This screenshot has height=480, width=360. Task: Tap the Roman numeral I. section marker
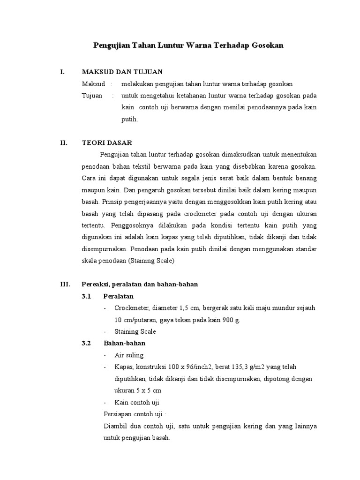62,72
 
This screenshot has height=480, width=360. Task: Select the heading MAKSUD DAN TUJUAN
122,72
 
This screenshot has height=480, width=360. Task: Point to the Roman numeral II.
63,142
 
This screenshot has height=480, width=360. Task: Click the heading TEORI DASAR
107,142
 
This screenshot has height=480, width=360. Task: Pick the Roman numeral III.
65,284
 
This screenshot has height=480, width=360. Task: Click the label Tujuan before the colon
92,96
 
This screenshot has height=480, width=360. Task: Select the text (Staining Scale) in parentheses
150,261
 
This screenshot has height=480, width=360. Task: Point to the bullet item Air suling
129,355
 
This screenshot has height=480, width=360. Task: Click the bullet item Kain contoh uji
137,402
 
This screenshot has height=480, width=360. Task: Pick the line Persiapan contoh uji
134,414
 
